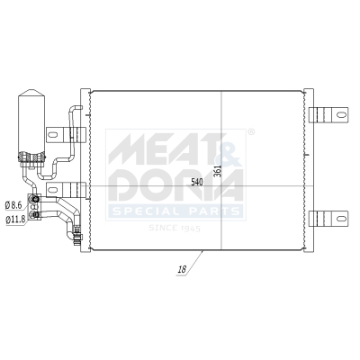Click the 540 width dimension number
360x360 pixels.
click(x=197, y=184)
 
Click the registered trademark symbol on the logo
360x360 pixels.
click(x=251, y=131)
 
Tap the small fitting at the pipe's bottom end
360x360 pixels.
click(x=77, y=238)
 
